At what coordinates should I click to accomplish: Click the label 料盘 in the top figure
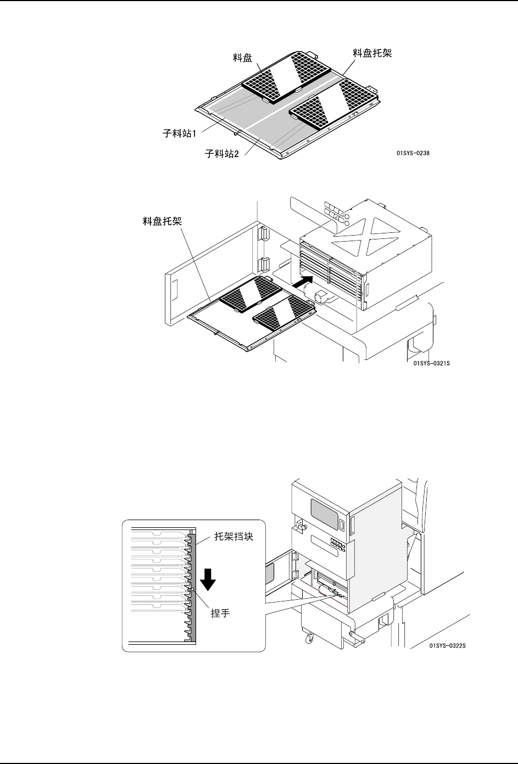243,58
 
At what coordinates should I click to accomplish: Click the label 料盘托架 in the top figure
372,53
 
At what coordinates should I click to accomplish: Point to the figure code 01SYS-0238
413,153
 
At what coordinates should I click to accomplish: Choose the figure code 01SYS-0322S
447,646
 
